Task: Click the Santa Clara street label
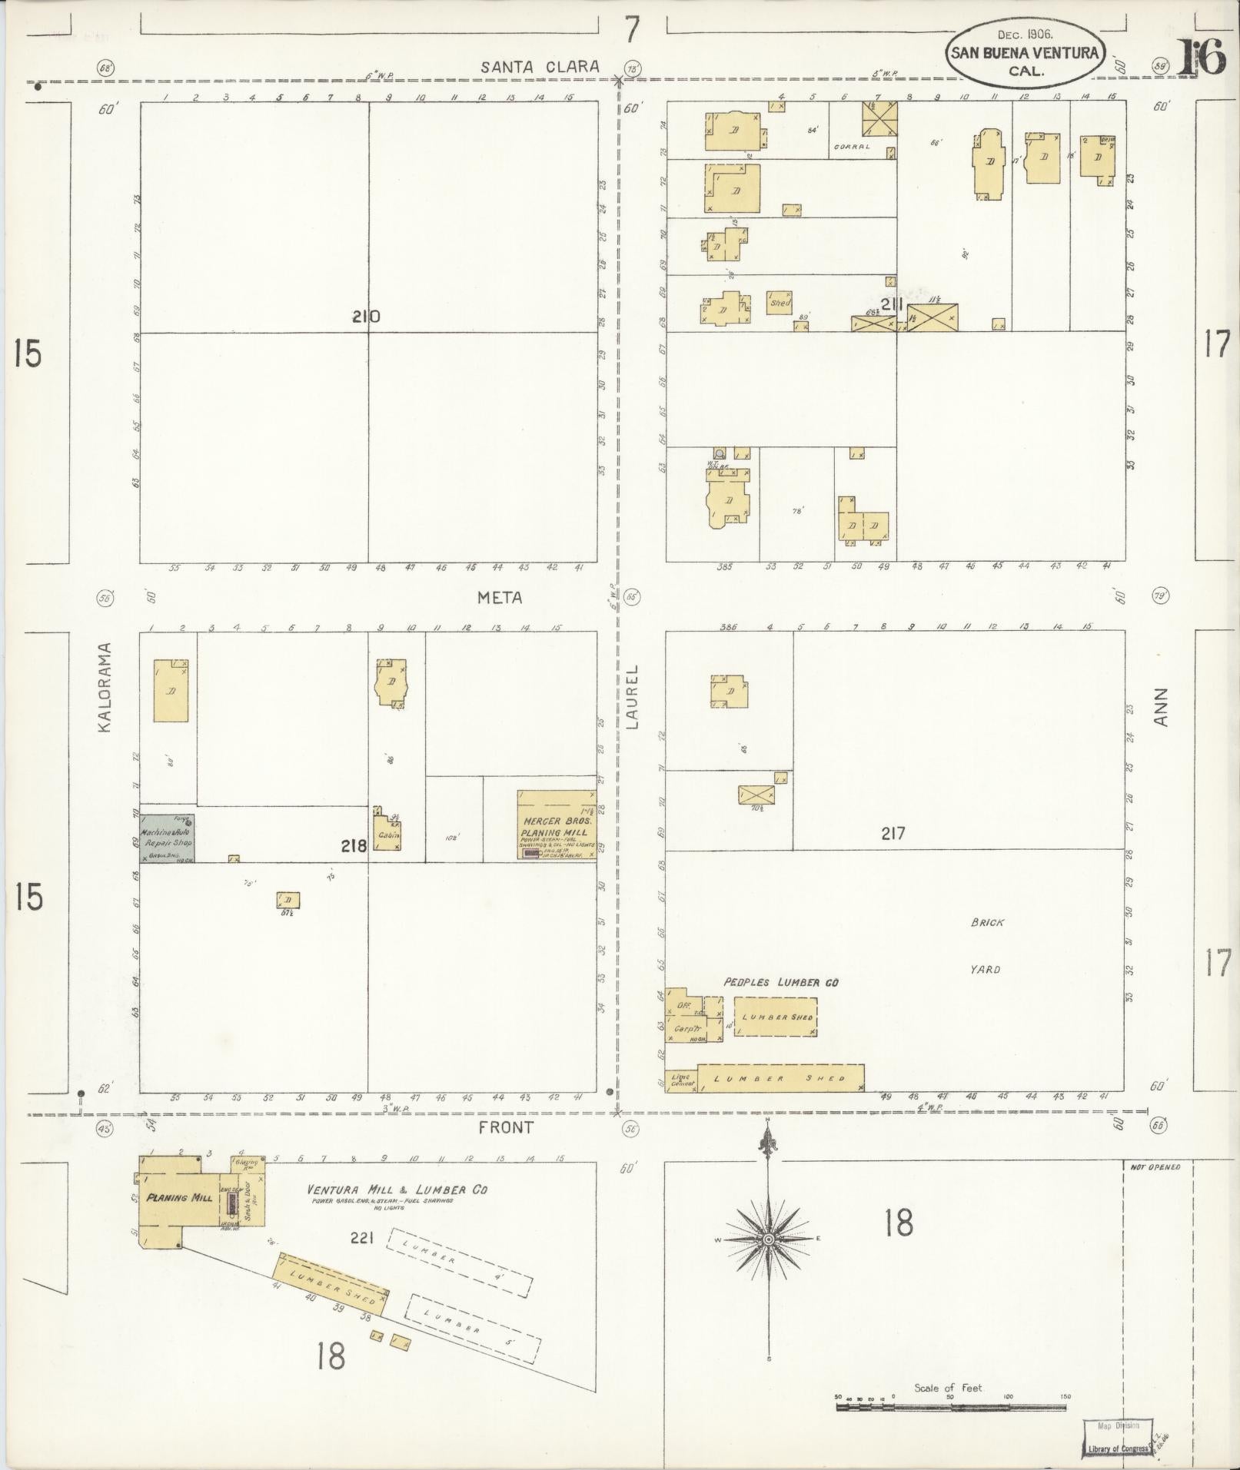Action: tap(540, 67)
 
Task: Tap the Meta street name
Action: tap(500, 597)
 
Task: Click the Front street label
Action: tap(505, 1127)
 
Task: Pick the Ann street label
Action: tap(1161, 706)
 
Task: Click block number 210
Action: tap(366, 316)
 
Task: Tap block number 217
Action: tap(893, 833)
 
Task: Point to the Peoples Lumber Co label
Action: tap(780, 982)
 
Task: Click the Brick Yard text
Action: tap(986, 945)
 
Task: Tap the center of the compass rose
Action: tap(768, 1240)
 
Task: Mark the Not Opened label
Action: tap(1155, 1166)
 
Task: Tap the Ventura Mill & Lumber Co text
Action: tap(397, 1190)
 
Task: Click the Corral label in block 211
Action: tap(853, 146)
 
